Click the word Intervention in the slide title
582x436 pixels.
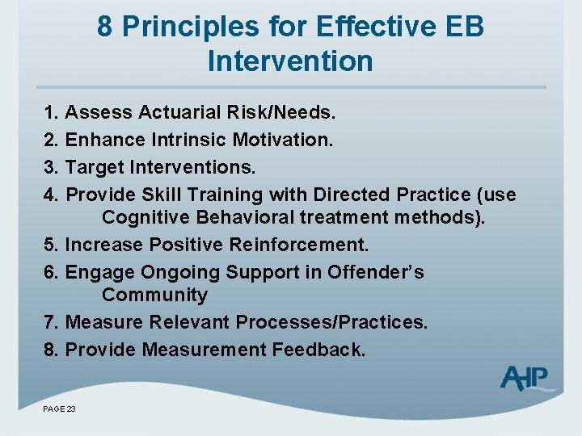[290, 61]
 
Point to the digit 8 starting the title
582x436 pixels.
[105, 26]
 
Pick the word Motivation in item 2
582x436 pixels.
[282, 140]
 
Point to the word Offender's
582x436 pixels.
[375, 272]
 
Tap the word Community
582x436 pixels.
[154, 295]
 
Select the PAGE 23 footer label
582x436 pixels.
[59, 409]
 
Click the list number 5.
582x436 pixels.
[50, 245]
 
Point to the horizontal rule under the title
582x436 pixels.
[291, 86]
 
